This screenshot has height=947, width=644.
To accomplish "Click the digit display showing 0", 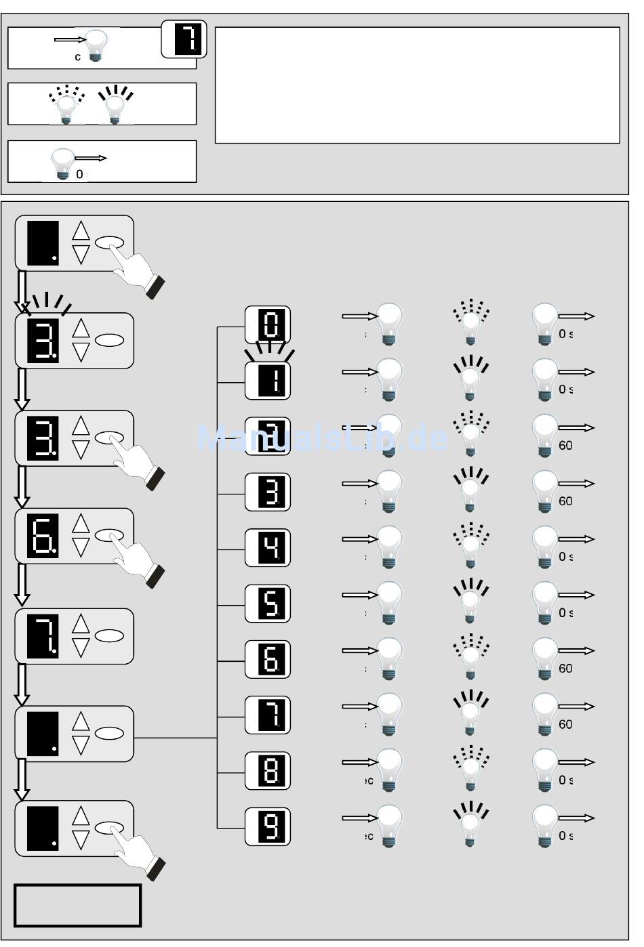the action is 268,324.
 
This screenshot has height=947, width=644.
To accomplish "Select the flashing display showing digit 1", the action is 268,380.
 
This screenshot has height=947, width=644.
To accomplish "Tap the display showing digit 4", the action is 268,547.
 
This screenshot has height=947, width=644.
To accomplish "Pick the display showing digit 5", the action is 268,603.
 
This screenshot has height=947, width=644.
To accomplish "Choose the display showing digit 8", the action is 268,770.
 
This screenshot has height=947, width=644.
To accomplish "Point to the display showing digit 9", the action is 268,826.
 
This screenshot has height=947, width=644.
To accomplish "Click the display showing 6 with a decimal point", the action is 42,536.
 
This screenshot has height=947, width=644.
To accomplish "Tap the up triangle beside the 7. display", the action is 81,623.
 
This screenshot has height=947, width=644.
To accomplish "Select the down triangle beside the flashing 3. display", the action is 81,352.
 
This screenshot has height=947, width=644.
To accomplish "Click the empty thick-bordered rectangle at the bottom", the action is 77,905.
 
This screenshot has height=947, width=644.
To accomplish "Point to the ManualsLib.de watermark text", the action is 322,438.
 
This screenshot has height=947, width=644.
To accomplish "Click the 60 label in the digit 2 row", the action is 565,446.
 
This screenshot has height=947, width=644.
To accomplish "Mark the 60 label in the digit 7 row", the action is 565,725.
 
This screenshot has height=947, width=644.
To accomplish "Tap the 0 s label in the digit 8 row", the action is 565,780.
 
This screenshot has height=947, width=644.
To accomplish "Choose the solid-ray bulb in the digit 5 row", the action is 470,600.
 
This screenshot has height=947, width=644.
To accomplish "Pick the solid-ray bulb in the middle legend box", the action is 115,105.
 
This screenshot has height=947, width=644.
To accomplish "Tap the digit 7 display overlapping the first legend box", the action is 184,39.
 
